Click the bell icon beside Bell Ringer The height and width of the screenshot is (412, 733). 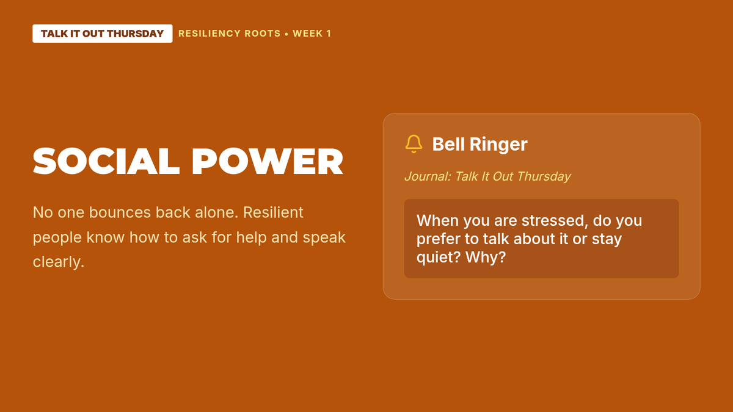(414, 144)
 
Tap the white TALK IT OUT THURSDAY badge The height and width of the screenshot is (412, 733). (103, 34)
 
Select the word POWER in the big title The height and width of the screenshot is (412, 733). (268, 161)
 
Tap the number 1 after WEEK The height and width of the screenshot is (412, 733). (329, 34)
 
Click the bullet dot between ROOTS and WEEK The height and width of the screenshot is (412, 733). (286, 34)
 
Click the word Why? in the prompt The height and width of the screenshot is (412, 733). (486, 257)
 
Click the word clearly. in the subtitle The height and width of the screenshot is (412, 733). (59, 262)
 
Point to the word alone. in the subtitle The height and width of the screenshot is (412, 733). (217, 212)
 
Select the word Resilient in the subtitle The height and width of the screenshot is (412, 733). (273, 212)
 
